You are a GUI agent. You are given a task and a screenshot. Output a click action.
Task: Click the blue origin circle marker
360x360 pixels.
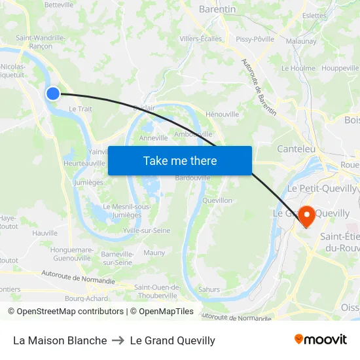(53, 94)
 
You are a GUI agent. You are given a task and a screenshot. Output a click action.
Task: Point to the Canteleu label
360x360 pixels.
(296, 149)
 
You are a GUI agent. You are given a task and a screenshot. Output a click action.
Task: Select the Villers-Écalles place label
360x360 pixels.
(201, 39)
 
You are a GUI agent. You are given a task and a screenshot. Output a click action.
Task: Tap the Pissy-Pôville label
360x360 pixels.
(255, 39)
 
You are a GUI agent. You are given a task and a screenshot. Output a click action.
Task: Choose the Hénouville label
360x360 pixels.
(223, 114)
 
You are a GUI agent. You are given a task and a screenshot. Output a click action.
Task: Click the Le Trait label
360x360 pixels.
(81, 109)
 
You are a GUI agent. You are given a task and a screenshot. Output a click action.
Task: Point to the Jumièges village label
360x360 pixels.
(89, 183)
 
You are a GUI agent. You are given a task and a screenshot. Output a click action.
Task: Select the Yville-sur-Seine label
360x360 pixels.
(147, 230)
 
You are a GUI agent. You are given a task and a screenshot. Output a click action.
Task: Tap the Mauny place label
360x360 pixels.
(154, 253)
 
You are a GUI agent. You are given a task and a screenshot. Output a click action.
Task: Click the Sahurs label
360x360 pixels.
(209, 289)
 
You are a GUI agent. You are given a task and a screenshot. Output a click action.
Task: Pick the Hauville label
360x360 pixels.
(45, 232)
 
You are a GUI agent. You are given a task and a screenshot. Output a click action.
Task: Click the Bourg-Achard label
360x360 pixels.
(86, 298)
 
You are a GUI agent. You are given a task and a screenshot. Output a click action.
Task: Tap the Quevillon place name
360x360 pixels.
(217, 200)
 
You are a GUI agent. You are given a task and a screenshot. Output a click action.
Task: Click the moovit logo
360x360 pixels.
(320, 340)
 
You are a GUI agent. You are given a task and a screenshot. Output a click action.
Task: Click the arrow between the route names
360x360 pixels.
(118, 340)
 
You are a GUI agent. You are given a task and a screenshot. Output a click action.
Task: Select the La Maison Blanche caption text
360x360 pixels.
(60, 340)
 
